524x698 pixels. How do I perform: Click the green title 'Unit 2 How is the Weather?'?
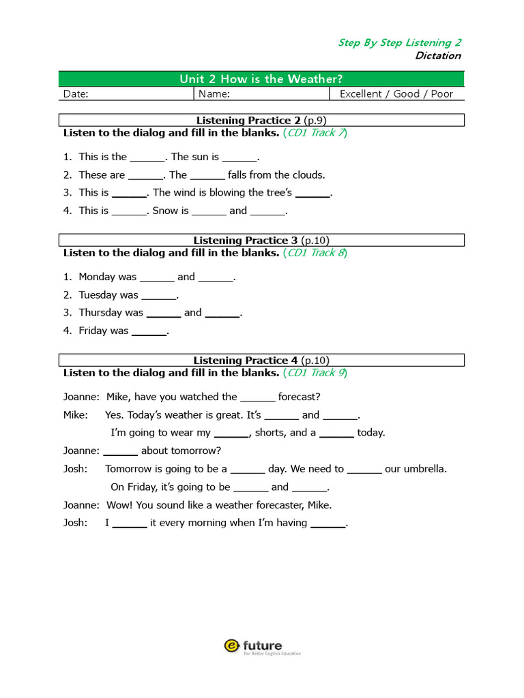tap(261, 79)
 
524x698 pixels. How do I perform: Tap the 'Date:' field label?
tap(76, 94)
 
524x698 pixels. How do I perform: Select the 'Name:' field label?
tap(214, 94)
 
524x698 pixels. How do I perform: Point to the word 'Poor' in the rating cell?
tap(441, 94)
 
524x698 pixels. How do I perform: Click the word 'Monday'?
tap(98, 277)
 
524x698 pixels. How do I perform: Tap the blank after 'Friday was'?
tap(149, 332)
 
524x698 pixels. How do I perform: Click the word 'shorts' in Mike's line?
tap(270, 433)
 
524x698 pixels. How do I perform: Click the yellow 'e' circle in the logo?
tap(231, 646)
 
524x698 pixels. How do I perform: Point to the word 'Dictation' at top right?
tap(437, 56)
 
